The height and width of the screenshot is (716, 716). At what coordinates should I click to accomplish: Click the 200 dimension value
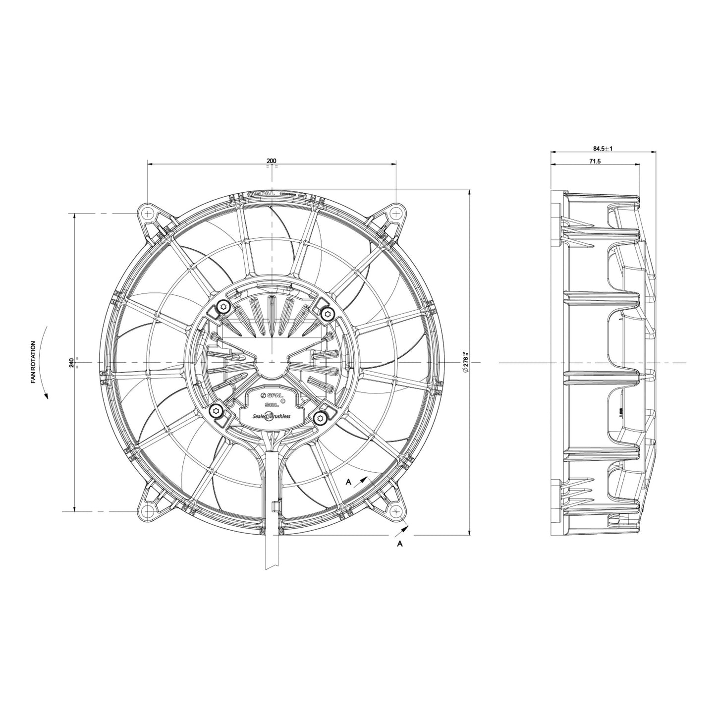click(x=272, y=161)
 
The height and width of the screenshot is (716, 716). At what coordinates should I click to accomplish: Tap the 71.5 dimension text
click(x=595, y=162)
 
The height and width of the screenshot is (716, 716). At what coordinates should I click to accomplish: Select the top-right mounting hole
click(x=396, y=213)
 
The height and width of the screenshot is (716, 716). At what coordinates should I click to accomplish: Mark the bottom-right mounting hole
click(x=396, y=511)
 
